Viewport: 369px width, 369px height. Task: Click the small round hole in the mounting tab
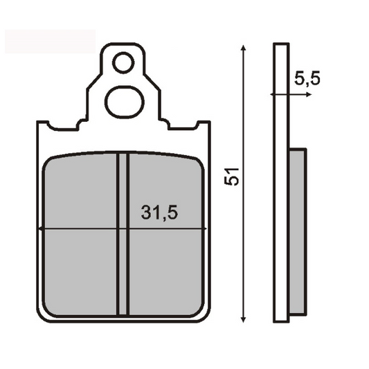pyautogui.click(x=123, y=64)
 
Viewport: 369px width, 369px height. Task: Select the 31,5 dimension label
pyautogui.click(x=159, y=213)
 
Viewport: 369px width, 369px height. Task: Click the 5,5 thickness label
pyautogui.click(x=307, y=80)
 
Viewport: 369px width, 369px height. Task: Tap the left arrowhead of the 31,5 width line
pyautogui.click(x=42, y=228)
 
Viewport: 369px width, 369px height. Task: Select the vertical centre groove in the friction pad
pyautogui.click(x=123, y=235)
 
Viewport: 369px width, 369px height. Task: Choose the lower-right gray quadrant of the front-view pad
pyautogui.click(x=166, y=273)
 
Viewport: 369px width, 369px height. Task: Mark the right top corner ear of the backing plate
pyautogui.click(x=203, y=125)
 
